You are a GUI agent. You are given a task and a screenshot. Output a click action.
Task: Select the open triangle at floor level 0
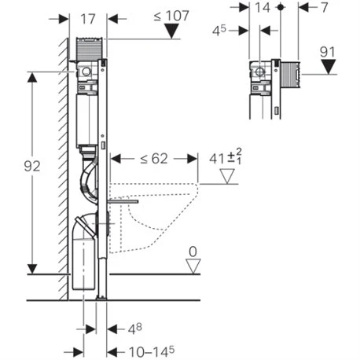(190, 266)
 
